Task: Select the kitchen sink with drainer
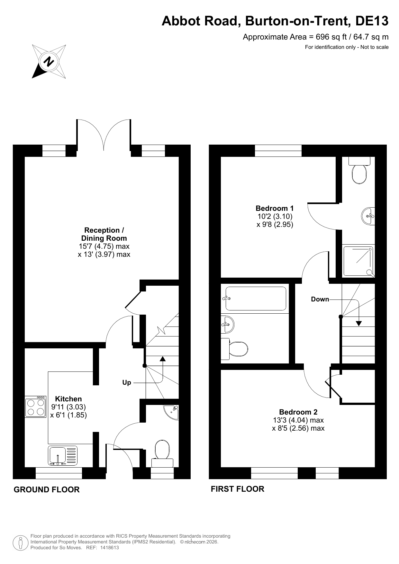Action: tap(63, 456)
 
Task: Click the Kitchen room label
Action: tap(68, 399)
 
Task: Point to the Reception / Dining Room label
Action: tap(104, 234)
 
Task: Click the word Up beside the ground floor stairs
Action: tap(127, 382)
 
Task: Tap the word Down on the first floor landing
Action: tap(320, 299)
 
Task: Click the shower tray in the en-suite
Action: tap(358, 261)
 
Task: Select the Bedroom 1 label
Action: tap(275, 208)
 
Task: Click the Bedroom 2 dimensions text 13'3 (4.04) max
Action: tap(298, 420)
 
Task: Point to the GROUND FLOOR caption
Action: tap(47, 489)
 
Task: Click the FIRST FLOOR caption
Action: tap(238, 489)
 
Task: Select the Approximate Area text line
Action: tap(316, 37)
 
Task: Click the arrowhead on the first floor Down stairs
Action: tap(359, 324)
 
